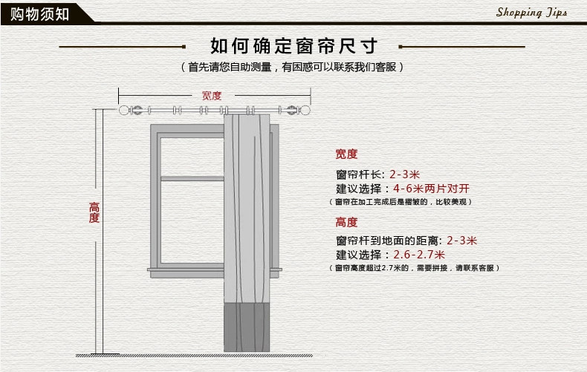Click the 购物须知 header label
[37, 13]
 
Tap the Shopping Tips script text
[531, 13]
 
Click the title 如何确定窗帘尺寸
[293, 46]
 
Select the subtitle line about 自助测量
[293, 68]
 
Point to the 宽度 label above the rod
[212, 95]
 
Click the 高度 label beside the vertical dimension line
[94, 212]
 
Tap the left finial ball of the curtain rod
[125, 111]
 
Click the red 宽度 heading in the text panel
[346, 154]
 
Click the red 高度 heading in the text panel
[346, 222]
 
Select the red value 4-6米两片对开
[431, 189]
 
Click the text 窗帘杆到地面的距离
[386, 241]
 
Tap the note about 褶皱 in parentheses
[401, 202]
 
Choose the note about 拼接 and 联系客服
[415, 267]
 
